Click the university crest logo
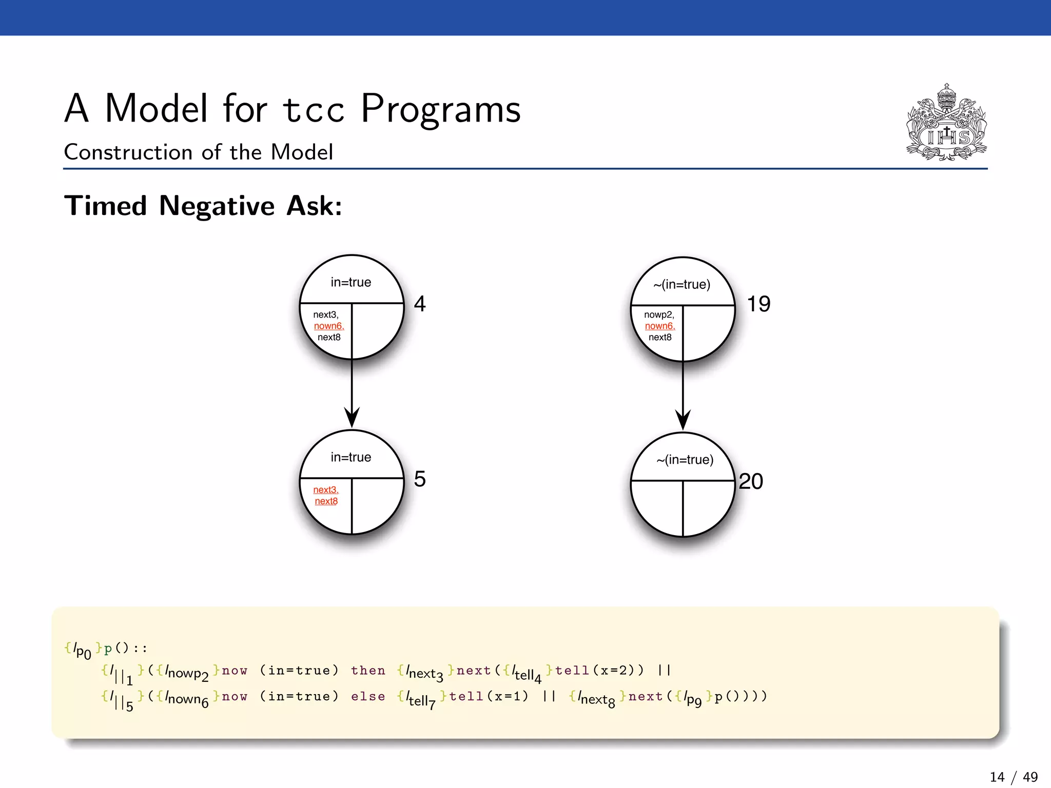946,123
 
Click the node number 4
420,304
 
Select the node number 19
758,304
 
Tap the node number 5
420,479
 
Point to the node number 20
751,481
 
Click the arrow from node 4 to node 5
352,395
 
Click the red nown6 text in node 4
328,326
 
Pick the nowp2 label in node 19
659,314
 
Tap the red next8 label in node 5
326,501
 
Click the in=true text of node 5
351,457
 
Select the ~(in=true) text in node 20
685,460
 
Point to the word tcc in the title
314,109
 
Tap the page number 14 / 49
1014,777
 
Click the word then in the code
368,671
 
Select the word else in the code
368,697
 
